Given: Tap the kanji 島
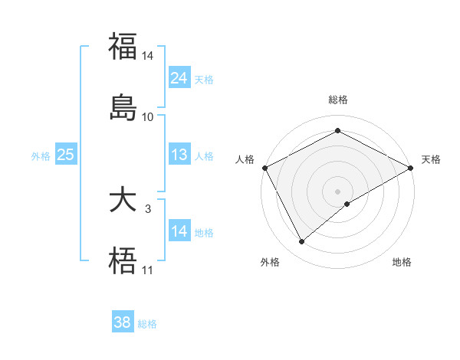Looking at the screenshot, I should click(123, 107).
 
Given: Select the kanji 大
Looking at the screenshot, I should click(123, 201).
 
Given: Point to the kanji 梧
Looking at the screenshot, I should click(123, 261).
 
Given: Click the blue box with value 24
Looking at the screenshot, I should click(179, 78).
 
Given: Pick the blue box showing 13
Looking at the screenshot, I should click(179, 155).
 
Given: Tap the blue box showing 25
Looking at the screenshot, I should click(65, 155).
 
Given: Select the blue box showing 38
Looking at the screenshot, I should click(123, 322).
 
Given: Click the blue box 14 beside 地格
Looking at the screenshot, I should click(179, 231).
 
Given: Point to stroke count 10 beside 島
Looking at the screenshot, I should click(148, 117).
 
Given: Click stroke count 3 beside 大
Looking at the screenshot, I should click(148, 208).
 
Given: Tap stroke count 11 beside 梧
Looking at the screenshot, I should click(148, 270).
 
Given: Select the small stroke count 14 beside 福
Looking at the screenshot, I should click(148, 56).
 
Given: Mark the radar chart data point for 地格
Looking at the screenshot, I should click(347, 204).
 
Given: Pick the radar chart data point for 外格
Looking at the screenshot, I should click(301, 242).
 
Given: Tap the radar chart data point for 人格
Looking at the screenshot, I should click(264, 168).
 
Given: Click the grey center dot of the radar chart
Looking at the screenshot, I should click(337, 191).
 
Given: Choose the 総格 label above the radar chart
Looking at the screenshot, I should click(337, 100).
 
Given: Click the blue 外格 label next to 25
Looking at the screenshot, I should click(40, 155).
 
